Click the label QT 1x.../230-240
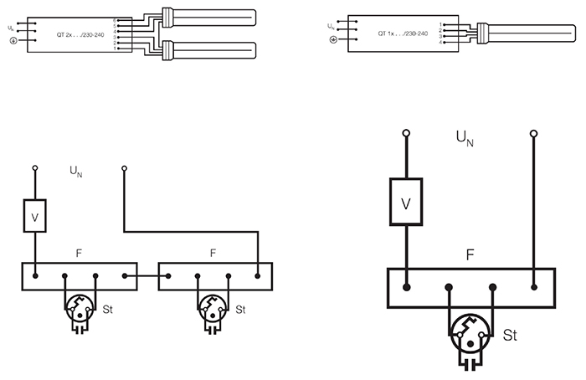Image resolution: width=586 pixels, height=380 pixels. [x=404, y=34]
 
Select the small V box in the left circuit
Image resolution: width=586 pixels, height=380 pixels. [x=35, y=217]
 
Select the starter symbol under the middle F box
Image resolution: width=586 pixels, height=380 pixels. [x=215, y=311]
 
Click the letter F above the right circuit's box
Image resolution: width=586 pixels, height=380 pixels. [x=470, y=251]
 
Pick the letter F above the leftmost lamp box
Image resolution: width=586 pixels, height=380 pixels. [x=79, y=252]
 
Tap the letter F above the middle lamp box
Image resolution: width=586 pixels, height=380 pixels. [x=213, y=252]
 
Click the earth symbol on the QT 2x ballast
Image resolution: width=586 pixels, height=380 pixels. [x=13, y=41]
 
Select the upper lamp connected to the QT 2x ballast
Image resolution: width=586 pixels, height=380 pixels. [x=213, y=17]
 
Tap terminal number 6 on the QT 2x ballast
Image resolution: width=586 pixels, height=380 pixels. [x=115, y=19]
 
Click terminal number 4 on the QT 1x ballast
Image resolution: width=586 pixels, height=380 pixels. [x=439, y=42]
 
